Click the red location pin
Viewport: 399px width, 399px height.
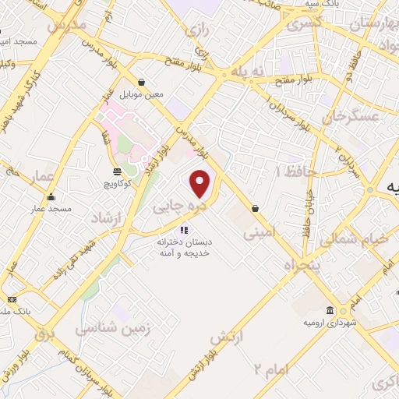tap(201, 183)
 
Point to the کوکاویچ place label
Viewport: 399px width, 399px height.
tap(116, 184)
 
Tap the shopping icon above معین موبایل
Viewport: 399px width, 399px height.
tap(141, 82)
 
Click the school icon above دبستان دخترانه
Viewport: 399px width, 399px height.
tap(185, 230)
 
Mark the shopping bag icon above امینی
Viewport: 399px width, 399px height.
tap(256, 208)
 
